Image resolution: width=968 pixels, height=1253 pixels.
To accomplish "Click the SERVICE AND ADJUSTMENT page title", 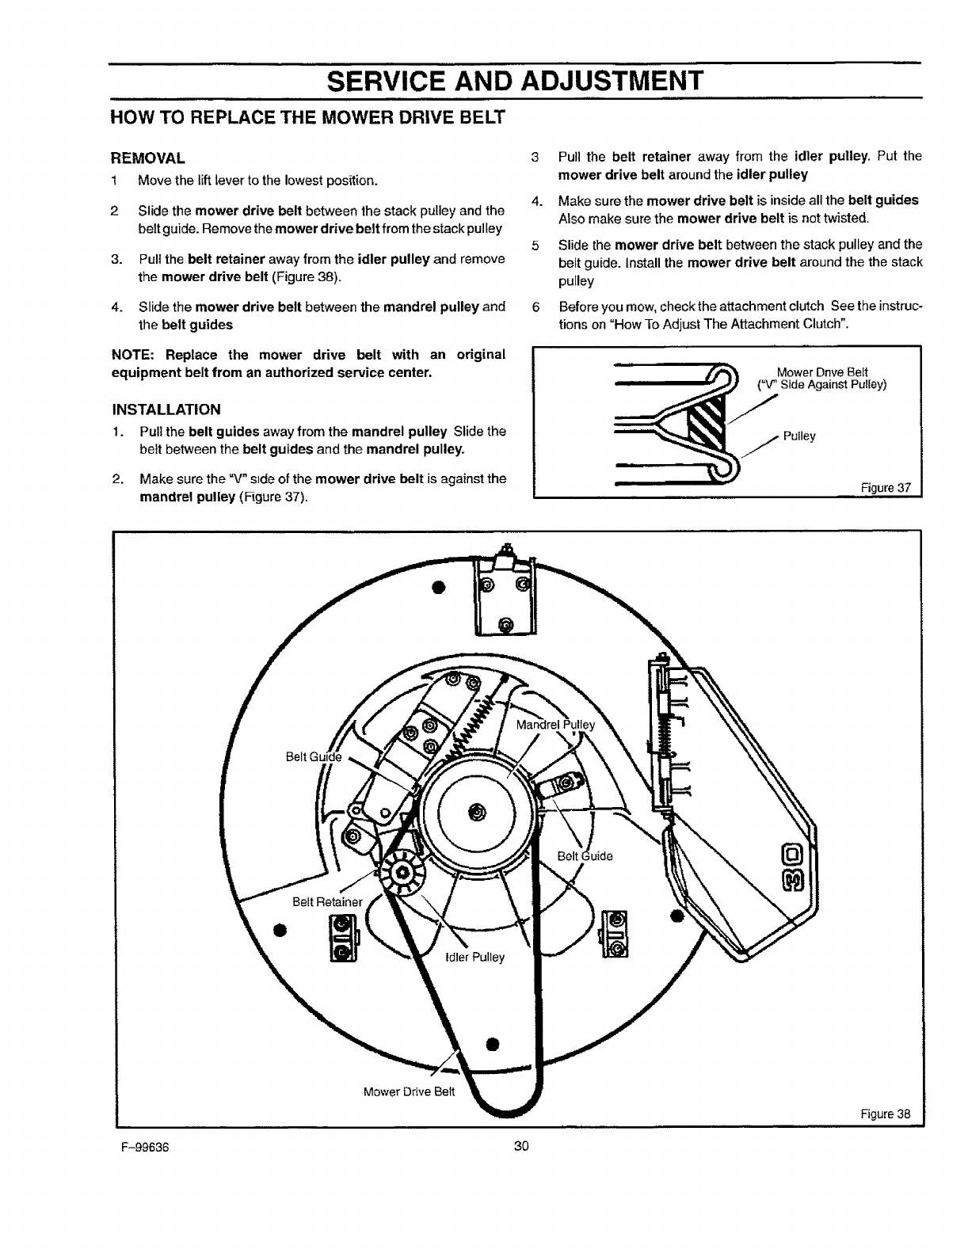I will [516, 81].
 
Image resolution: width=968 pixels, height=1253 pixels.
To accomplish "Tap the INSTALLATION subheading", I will [166, 409].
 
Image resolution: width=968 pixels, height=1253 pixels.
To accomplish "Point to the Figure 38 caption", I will [886, 1114].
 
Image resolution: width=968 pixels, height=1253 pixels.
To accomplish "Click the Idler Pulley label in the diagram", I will [475, 957].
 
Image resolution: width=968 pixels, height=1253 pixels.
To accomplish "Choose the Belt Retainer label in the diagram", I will [327, 901].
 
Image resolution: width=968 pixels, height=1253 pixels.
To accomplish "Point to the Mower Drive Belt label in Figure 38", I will [409, 1091].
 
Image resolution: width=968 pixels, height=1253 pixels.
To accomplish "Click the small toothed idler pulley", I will [402, 873].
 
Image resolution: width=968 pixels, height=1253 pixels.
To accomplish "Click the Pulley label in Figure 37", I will [799, 436].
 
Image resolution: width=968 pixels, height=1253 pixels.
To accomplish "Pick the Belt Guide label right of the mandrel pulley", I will [585, 856].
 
